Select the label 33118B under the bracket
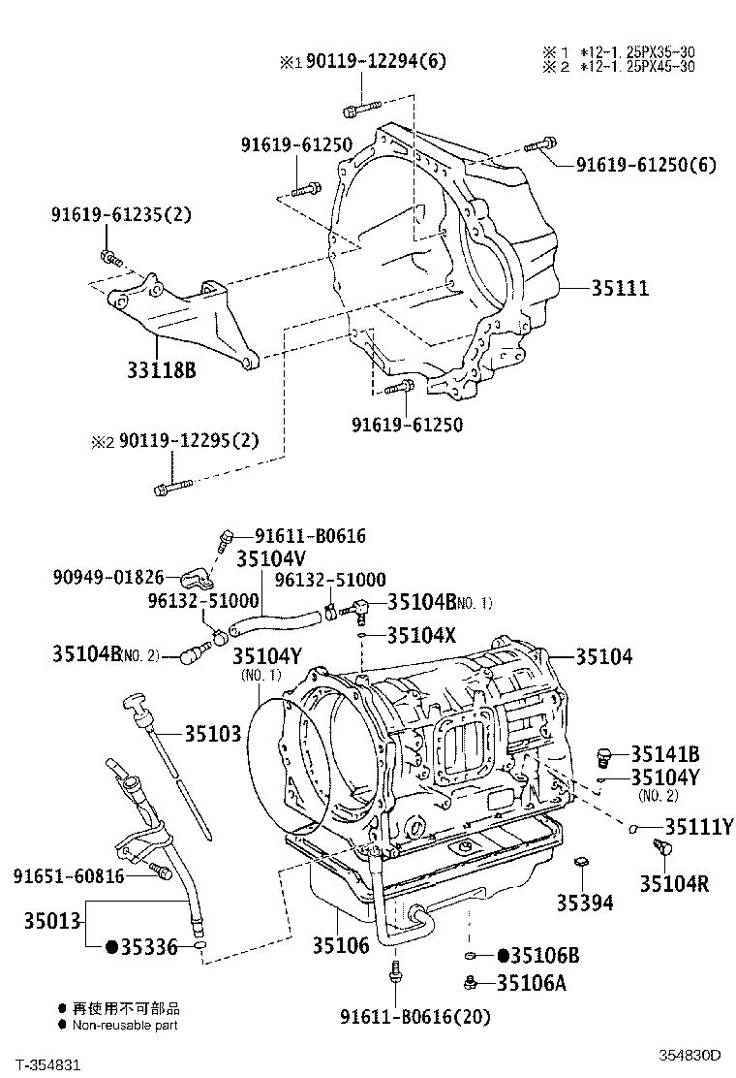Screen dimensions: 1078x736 (161, 368)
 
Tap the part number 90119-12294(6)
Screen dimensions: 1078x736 (364, 62)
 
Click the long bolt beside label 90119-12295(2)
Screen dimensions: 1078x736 (173, 488)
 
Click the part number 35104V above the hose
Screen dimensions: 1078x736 (270, 558)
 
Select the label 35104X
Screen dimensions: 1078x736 (421, 636)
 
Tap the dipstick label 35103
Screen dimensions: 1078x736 (213, 735)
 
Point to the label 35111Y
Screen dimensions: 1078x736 (698, 826)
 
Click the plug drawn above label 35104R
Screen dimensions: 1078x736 (663, 850)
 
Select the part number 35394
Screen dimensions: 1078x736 (584, 903)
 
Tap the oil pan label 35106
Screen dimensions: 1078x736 (341, 944)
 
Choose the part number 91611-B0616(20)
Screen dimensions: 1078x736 (415, 1016)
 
